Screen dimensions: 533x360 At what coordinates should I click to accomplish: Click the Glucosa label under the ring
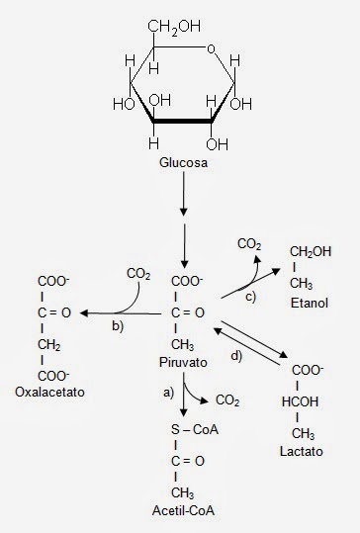click(182, 161)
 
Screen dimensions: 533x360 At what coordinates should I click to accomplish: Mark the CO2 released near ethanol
click(250, 241)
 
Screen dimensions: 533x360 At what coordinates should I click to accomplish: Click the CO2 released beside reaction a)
click(228, 400)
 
